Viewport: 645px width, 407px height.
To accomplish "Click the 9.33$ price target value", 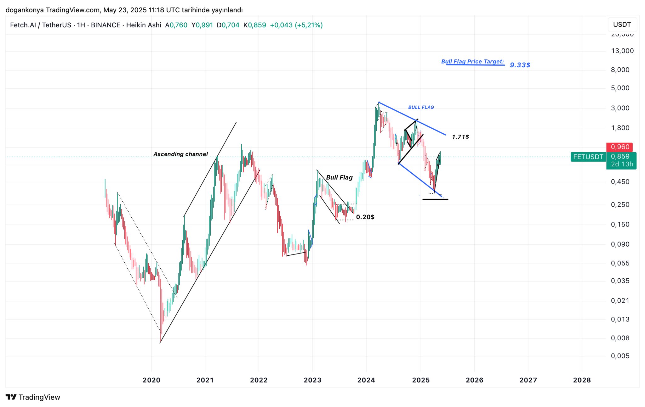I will pos(520,65).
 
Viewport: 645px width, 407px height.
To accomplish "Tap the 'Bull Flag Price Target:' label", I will pos(472,62).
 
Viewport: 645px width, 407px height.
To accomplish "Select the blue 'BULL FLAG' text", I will pos(421,107).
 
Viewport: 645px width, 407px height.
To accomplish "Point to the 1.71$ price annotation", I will pos(460,137).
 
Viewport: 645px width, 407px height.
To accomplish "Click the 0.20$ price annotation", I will pos(365,217).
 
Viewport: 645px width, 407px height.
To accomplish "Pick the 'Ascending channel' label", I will pos(180,154).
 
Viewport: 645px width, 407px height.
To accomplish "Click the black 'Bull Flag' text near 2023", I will pos(339,177).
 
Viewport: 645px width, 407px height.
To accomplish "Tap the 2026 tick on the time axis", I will pos(474,380).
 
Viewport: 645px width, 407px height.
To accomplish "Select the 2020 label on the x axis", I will pos(151,380).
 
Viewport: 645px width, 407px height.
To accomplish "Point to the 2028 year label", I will pos(582,380).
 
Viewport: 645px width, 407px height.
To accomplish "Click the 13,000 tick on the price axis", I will pos(622,51).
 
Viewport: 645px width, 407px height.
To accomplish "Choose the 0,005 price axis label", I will pos(620,356).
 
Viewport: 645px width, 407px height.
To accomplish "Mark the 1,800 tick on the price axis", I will pos(620,128).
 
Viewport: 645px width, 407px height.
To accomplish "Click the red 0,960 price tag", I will pos(620,147).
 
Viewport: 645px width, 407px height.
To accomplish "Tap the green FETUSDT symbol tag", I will pos(588,157).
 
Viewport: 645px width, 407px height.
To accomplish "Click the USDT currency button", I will pos(622,25).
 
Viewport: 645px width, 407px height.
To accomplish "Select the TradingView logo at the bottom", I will pos(33,397).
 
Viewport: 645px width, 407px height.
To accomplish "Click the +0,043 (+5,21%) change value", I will pos(296,25).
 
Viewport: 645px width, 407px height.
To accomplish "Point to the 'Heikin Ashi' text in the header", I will pos(144,25).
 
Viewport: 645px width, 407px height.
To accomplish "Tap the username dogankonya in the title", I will pos(25,10).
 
